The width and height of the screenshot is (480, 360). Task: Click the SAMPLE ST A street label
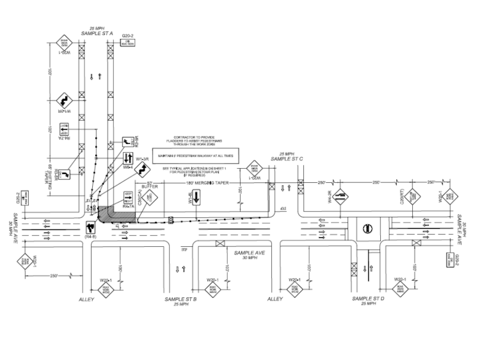point(98,33)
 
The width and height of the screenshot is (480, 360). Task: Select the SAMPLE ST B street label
point(181,299)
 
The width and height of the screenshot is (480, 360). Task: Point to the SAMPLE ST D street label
point(369,299)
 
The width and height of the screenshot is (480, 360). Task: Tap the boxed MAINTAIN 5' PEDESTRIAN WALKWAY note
point(195,153)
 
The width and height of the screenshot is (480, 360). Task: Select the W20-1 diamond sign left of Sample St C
point(254,168)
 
